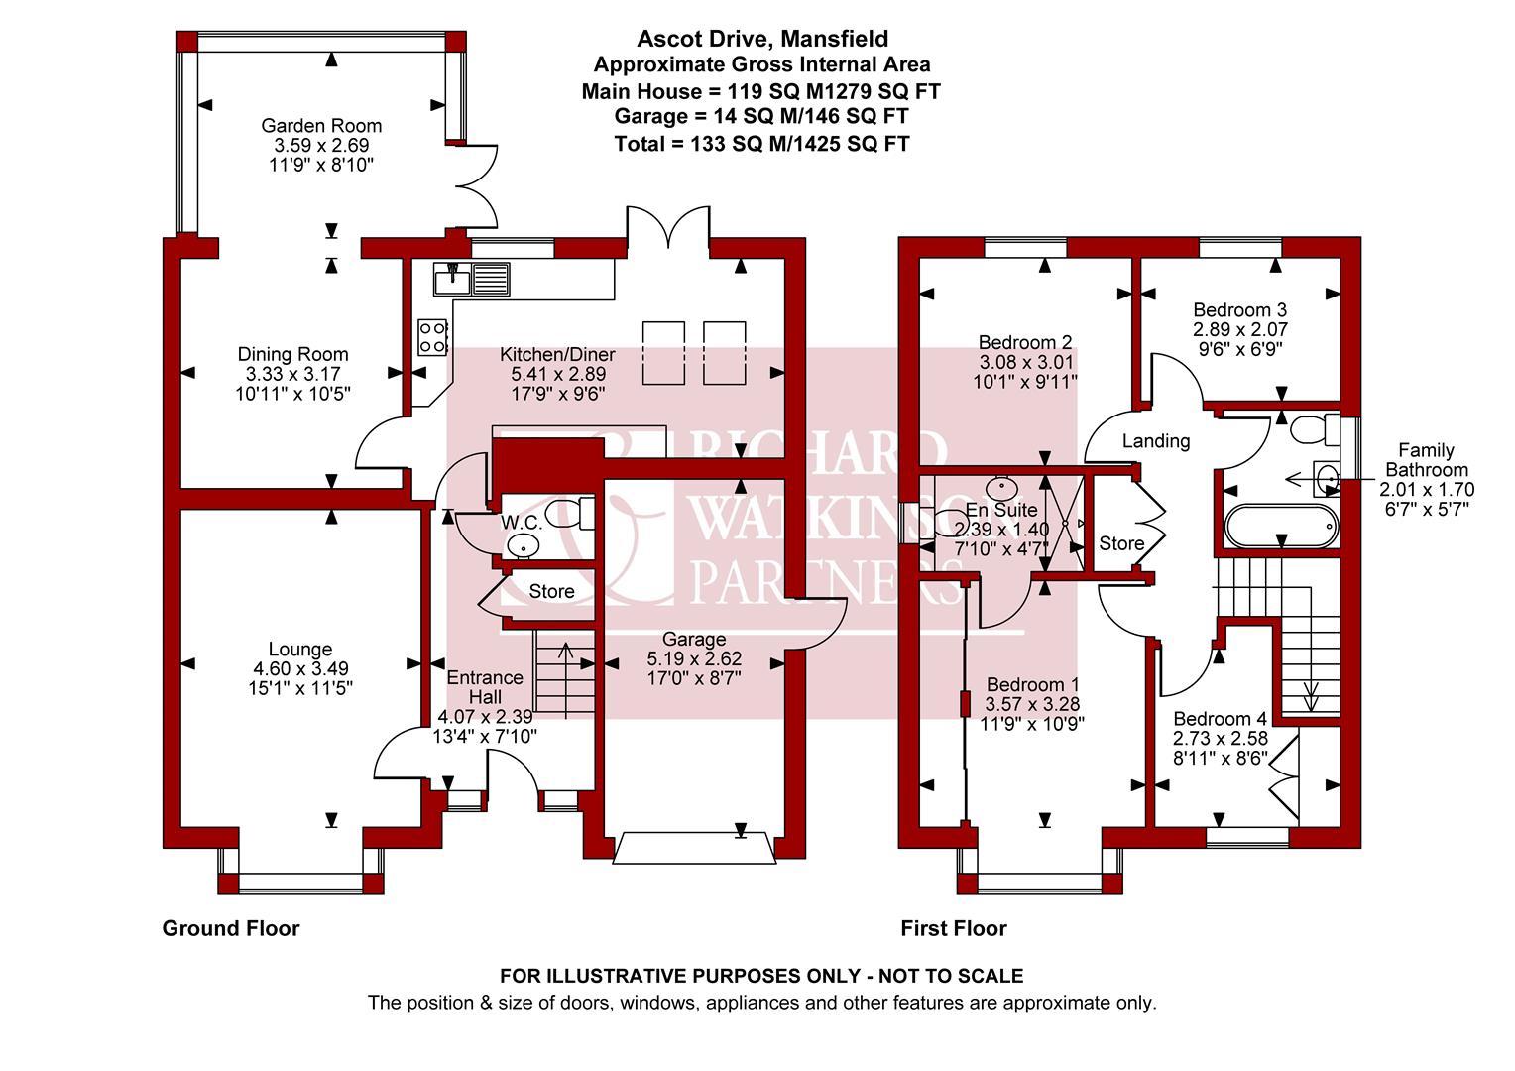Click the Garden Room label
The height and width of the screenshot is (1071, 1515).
tap(321, 126)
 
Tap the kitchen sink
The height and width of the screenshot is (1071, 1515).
tap(472, 278)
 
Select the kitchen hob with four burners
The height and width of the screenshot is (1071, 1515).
tap(432, 336)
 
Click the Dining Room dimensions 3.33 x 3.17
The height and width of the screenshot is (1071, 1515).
tap(292, 374)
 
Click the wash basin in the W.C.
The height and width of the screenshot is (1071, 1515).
tap(523, 544)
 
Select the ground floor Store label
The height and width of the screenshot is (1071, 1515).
tap(551, 591)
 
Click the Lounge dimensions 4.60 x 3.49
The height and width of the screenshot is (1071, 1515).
tap(300, 668)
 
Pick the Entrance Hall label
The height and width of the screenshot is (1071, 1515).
tap(485, 687)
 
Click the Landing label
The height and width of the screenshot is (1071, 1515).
tap(1156, 441)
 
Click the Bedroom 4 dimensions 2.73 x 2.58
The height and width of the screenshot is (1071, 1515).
tap(1220, 739)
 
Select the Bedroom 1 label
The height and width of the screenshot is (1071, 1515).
tap(1032, 685)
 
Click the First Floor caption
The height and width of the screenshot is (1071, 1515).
tap(953, 929)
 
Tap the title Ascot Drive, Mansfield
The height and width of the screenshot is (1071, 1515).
tap(761, 39)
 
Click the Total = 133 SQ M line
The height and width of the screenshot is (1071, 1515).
tap(761, 144)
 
